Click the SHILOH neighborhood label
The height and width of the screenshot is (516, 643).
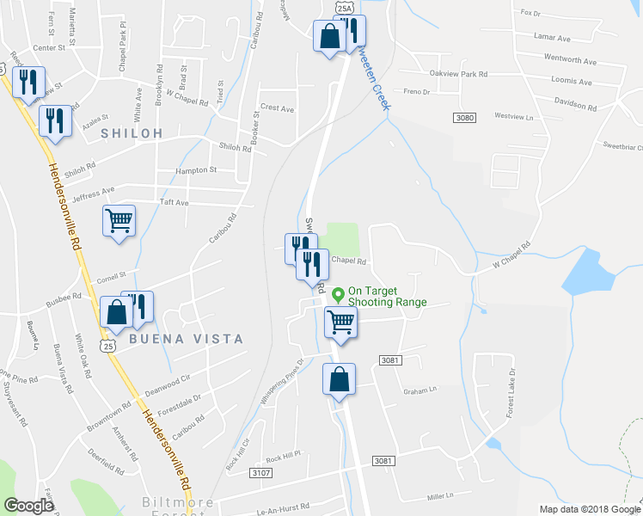(x=132, y=133)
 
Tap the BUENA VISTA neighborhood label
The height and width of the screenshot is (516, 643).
(x=186, y=339)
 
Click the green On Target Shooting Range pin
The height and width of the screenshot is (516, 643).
(x=339, y=295)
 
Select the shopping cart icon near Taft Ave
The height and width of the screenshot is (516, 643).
(x=119, y=220)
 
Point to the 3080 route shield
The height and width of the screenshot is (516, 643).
(x=464, y=117)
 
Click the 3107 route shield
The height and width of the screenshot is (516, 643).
(x=260, y=473)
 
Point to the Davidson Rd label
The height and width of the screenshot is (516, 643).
(x=575, y=105)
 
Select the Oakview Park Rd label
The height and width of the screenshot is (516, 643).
(x=458, y=74)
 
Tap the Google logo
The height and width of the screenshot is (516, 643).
(x=28, y=505)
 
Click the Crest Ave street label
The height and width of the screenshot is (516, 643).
(x=277, y=109)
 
